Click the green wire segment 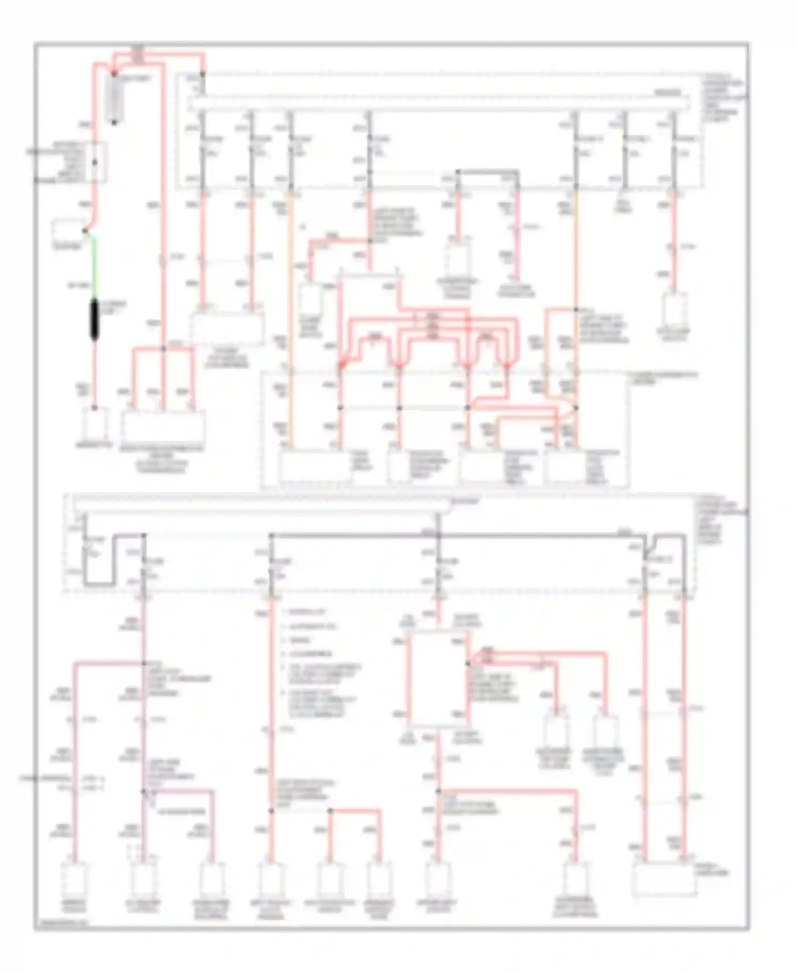pyautogui.click(x=94, y=266)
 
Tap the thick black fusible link pyautogui.click(x=95, y=319)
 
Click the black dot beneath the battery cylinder pyautogui.click(x=114, y=123)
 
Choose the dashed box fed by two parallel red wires pyautogui.click(x=227, y=328)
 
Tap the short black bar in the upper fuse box pyautogui.click(x=487, y=172)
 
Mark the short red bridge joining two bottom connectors pyautogui.click(x=355, y=811)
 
